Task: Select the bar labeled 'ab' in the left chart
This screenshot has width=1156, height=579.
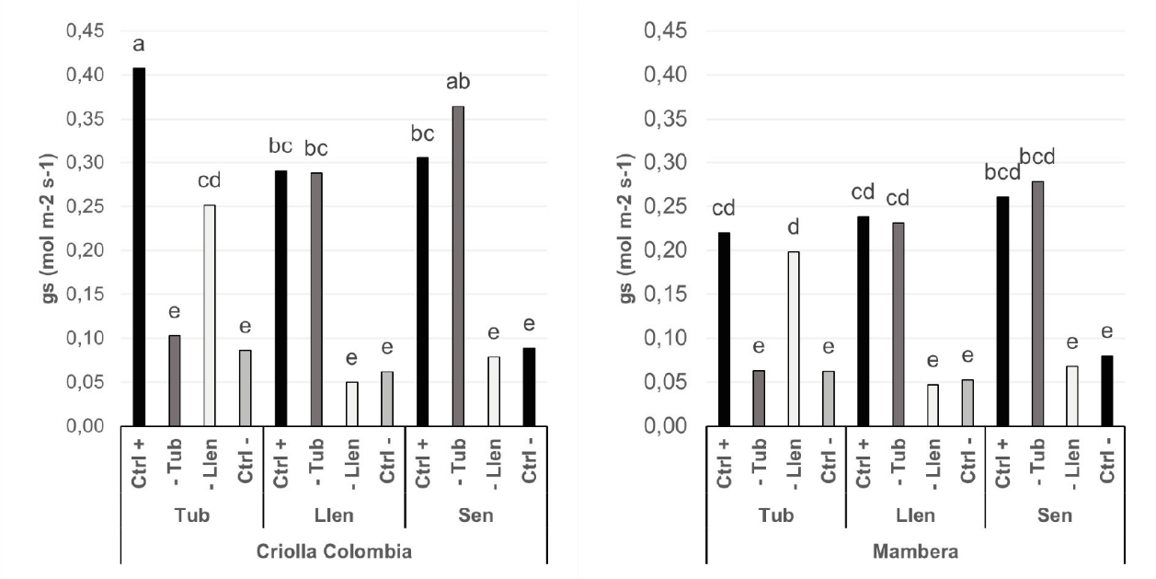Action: click(458, 266)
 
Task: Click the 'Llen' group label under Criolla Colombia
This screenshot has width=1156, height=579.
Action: click(334, 515)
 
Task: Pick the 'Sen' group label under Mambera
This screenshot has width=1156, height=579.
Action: click(1056, 515)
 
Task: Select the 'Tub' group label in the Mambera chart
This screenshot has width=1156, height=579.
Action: click(774, 515)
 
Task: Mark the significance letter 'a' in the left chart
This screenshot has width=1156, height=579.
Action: click(139, 45)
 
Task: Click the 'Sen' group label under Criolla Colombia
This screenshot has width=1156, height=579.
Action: click(475, 515)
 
